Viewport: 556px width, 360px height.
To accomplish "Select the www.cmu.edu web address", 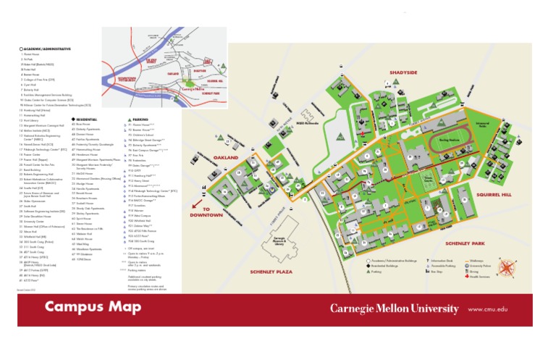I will pyautogui.click(x=488, y=309).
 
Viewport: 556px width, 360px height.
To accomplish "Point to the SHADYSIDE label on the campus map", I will pyautogui.click(x=403, y=73).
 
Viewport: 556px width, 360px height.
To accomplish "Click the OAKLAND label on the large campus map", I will pyautogui.click(x=226, y=157).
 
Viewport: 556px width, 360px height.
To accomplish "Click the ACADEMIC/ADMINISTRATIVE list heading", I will pyautogui.click(x=48, y=49).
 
